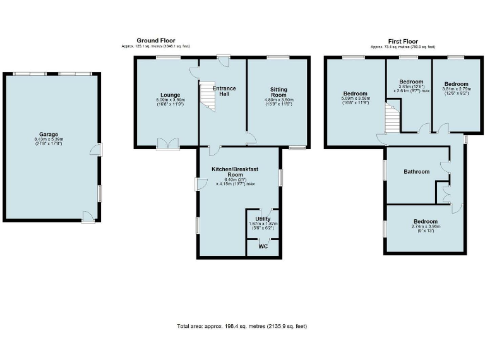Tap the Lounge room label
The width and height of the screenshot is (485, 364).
click(x=170, y=95)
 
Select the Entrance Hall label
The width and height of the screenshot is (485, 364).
click(x=224, y=91)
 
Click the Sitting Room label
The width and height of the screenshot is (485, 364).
click(x=279, y=93)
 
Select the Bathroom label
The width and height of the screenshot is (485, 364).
click(x=417, y=171)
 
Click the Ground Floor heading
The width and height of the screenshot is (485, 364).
click(x=156, y=40)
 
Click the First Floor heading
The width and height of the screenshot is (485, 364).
click(x=402, y=40)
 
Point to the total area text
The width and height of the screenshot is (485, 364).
click(x=242, y=326)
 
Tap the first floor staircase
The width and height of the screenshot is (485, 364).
click(x=393, y=119)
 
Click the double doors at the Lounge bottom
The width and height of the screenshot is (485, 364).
click(x=167, y=145)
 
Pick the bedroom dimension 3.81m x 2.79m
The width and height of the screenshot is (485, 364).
click(x=456, y=92)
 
